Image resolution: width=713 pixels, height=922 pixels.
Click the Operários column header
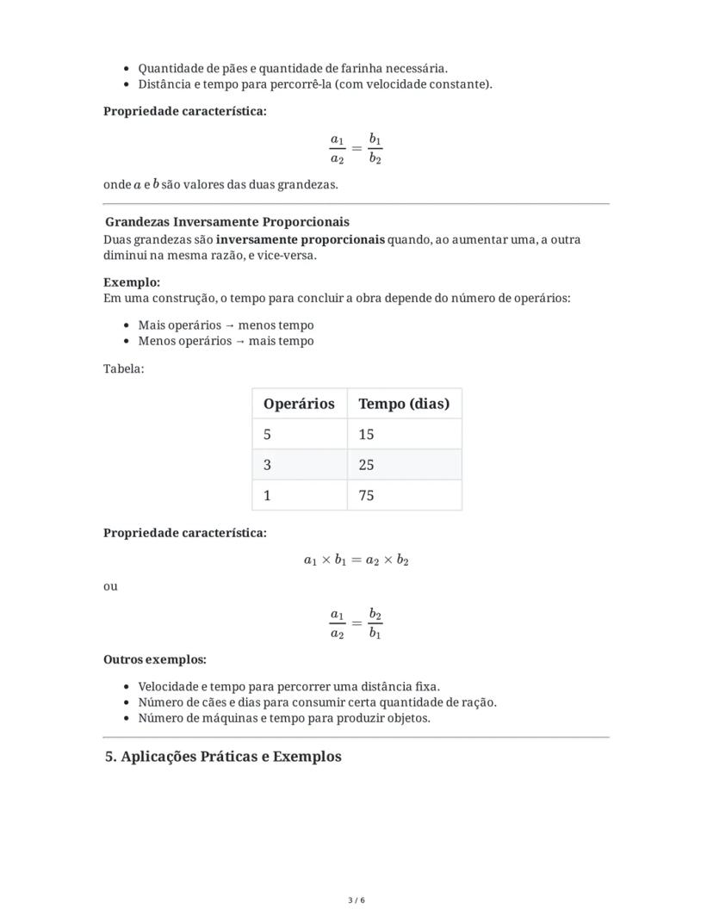point(299,404)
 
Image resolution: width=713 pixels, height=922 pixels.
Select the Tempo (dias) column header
point(404,404)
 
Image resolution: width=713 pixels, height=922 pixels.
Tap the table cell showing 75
point(404,496)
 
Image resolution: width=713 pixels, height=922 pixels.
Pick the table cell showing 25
point(404,465)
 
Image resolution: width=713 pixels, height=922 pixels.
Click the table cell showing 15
point(404,435)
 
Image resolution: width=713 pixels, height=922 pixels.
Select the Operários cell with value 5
point(299,435)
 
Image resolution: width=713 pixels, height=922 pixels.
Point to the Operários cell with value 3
point(299,465)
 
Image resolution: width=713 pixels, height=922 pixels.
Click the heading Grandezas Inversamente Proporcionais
point(226,222)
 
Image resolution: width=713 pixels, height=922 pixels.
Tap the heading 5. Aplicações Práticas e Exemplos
point(223,757)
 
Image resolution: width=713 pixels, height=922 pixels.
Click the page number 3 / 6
point(356,900)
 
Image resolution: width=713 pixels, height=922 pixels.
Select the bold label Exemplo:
point(132,282)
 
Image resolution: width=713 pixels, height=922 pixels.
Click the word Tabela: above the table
point(124,368)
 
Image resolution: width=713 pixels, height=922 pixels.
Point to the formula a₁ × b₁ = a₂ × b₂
point(356,560)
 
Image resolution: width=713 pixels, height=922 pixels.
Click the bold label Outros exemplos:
point(155,659)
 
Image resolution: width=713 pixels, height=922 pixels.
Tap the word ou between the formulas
point(110,586)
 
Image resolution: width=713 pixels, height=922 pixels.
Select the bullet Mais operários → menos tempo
point(226,325)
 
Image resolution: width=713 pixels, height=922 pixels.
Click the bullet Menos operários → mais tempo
point(226,341)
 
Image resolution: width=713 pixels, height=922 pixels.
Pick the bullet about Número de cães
point(317,702)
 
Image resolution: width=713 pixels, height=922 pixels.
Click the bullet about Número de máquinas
point(284,718)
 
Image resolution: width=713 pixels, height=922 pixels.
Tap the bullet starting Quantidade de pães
point(293,68)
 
